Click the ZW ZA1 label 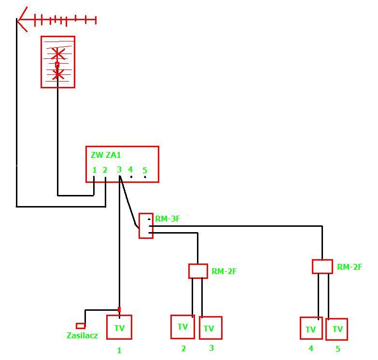coord(106,155)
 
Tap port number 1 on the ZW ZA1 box coord(95,170)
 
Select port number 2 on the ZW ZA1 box coord(105,170)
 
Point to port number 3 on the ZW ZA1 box coord(119,169)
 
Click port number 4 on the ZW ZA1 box coord(130,169)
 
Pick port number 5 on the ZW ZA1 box coord(145,170)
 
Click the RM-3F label coord(168,219)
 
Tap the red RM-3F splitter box coord(146,226)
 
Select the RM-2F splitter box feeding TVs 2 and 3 coord(198,271)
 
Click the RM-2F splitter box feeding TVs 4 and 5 coord(322,266)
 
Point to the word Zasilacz coord(82,335)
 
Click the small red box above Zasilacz coord(81,326)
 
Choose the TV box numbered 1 coord(119,327)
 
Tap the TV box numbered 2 coord(182,327)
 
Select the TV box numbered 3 coord(210,328)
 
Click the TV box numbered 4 coord(311,328)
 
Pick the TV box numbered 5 coord(336,330)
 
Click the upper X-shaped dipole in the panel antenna coord(57,54)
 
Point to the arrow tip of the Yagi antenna coord(17,19)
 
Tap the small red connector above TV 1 coord(119,309)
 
